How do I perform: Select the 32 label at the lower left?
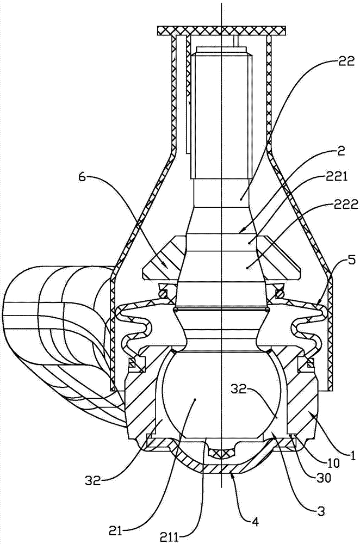92,481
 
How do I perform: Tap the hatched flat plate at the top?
221,31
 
